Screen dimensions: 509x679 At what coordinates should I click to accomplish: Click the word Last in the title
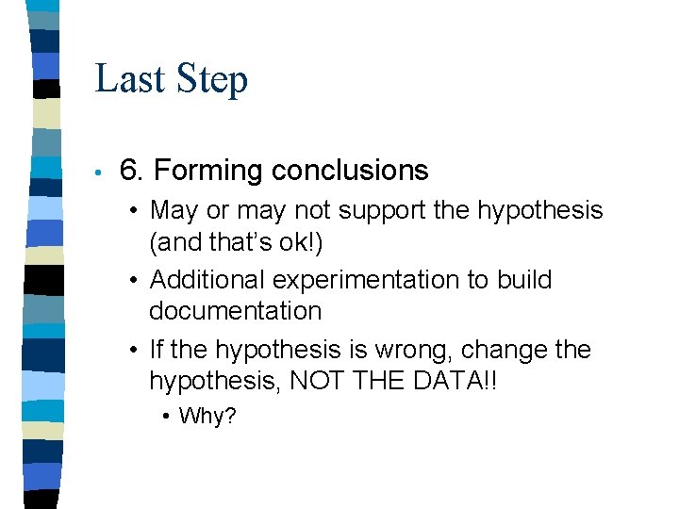click(128, 78)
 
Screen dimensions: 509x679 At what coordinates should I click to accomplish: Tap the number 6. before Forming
click(132, 171)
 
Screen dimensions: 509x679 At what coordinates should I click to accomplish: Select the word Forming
click(208, 172)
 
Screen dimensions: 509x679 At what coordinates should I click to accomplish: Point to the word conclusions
click(350, 171)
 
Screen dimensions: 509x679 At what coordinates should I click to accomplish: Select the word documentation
click(235, 311)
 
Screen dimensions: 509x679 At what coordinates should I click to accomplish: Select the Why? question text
click(207, 416)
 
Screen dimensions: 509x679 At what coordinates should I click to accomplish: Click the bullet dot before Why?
click(166, 416)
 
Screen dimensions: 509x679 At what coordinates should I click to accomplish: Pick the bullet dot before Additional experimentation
click(136, 280)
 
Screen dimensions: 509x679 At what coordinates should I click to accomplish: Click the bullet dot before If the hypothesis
click(136, 351)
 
